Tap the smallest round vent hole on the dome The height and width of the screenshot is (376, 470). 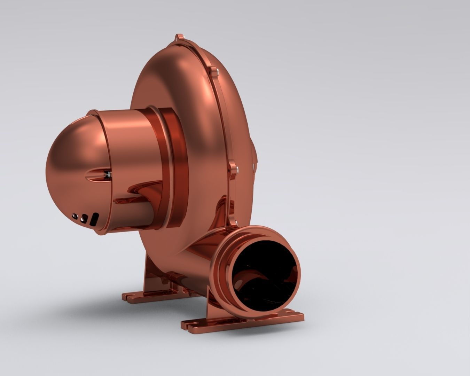click(75, 216)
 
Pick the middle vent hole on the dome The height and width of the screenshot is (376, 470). click(84, 218)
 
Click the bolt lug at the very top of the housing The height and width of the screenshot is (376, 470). click(179, 38)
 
